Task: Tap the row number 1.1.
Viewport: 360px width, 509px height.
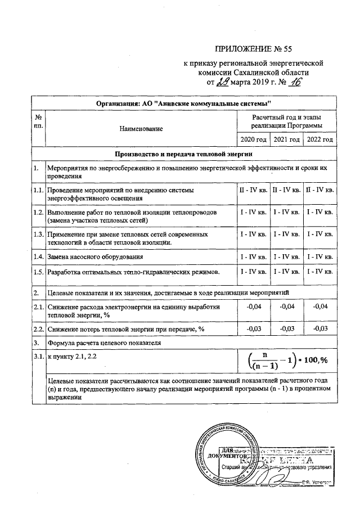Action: coord(38,191)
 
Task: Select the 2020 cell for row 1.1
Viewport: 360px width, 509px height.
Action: coord(253,191)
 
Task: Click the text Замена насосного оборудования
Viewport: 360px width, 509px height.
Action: coord(94,256)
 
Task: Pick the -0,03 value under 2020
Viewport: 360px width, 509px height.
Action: coord(253,328)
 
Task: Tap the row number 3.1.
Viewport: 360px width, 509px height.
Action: coord(38,357)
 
